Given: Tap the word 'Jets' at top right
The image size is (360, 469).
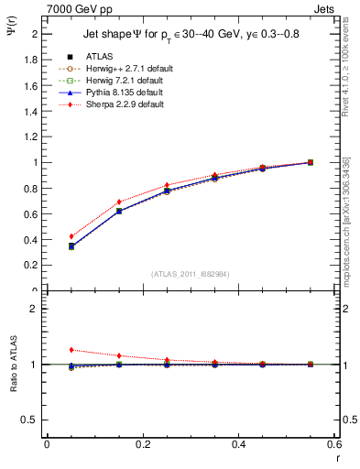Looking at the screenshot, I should (x=326, y=8).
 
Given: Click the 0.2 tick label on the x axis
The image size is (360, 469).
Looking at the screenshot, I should (x=142, y=443).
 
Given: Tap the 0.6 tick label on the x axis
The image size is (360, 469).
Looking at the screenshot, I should (x=334, y=443).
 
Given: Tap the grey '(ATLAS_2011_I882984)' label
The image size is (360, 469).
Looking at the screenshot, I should (x=191, y=274).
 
